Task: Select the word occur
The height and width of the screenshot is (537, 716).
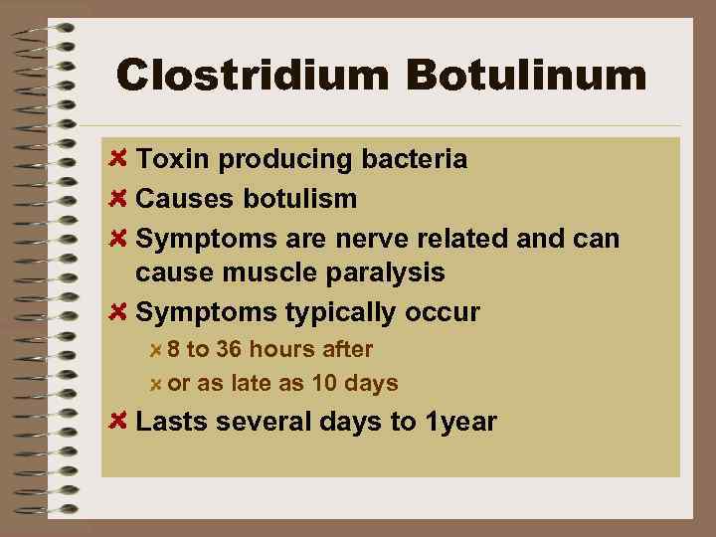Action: click(x=443, y=312)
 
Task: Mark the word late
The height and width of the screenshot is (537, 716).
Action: click(x=248, y=383)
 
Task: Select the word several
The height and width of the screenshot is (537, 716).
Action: click(x=261, y=422)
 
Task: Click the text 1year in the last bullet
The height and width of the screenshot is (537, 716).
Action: click(x=460, y=422)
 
